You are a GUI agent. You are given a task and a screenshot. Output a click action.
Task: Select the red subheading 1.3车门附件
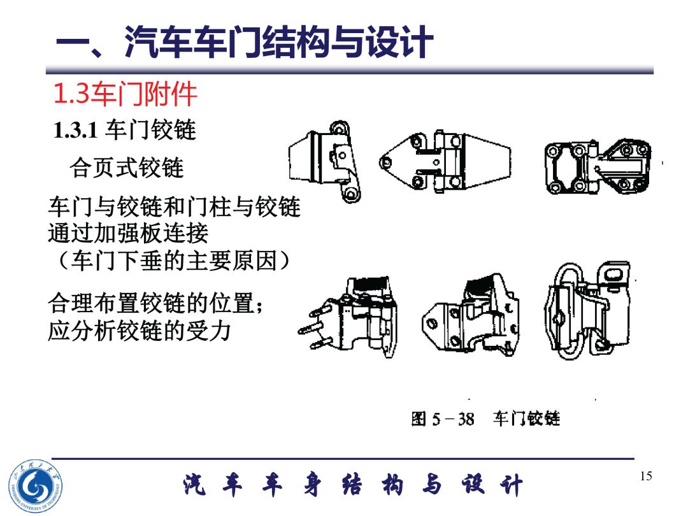(125, 94)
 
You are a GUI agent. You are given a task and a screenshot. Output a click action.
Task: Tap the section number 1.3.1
(75, 130)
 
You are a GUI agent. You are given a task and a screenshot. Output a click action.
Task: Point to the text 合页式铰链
(126, 168)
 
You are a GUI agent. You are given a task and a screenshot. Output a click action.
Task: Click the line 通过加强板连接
(128, 233)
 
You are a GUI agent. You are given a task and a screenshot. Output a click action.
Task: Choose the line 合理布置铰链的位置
(156, 303)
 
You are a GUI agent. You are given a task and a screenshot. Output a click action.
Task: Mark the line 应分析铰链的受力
(139, 331)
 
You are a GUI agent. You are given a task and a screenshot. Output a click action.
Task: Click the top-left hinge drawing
(325, 162)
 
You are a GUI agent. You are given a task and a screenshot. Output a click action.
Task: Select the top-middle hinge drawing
(445, 162)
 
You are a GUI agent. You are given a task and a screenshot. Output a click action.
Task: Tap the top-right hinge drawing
(598, 167)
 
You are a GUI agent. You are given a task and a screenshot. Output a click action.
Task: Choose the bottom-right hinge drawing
(588, 310)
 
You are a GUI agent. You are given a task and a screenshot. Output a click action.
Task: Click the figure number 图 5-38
(443, 419)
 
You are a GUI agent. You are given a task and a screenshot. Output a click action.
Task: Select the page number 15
(646, 476)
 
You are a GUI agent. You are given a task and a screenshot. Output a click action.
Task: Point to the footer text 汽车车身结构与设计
(353, 485)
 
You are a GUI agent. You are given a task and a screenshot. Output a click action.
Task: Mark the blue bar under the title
(350, 70)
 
